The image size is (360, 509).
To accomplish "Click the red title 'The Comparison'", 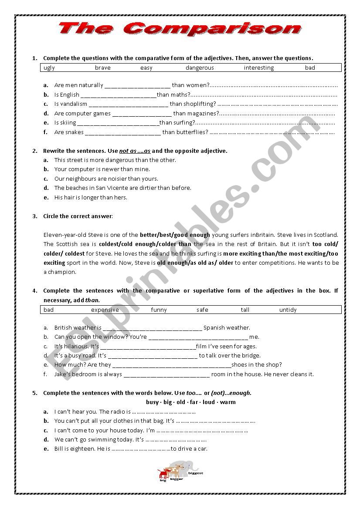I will tap(180, 29).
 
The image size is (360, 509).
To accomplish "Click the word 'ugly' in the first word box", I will tap(49, 68).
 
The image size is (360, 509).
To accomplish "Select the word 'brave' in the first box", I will tap(103, 68).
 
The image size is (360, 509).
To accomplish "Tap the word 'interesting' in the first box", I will tap(259, 68).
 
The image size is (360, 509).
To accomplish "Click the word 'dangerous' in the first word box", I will tap(200, 68).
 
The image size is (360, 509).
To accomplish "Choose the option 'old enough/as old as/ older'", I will tap(195, 263).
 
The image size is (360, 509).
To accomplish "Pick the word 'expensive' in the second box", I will tap(105, 310).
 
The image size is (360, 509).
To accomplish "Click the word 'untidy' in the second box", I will tap(288, 310).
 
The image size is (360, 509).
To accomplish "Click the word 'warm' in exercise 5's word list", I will tap(228, 402).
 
